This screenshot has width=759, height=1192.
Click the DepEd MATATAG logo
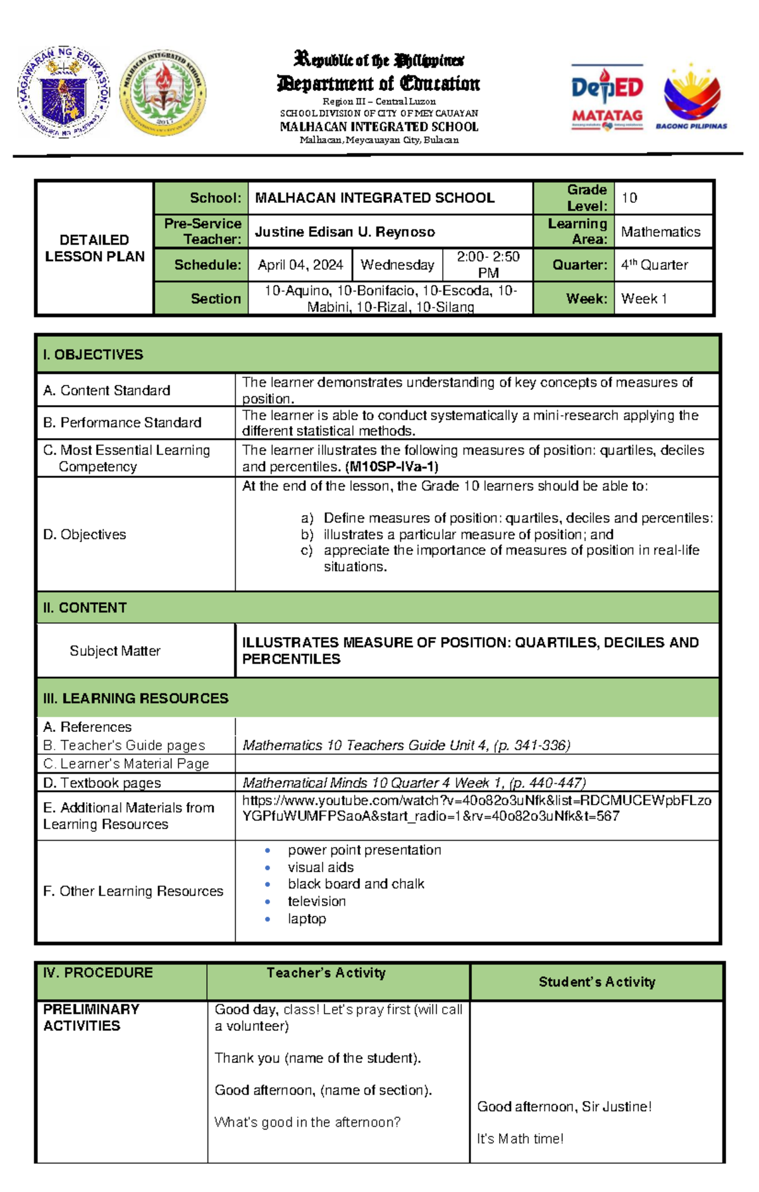pyautogui.click(x=607, y=99)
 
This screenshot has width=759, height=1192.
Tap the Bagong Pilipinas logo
pyautogui.click(x=691, y=97)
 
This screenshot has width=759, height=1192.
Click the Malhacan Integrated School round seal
pyautogui.click(x=163, y=92)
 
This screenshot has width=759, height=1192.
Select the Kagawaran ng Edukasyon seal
pyautogui.click(x=63, y=92)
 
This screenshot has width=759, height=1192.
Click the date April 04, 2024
pyautogui.click(x=300, y=265)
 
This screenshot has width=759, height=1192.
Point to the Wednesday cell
pyautogui.click(x=397, y=265)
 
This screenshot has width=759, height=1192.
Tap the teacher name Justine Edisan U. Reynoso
pyautogui.click(x=345, y=232)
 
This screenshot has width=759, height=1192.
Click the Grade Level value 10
pyautogui.click(x=629, y=198)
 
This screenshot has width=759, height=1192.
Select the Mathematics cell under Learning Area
pyautogui.click(x=660, y=232)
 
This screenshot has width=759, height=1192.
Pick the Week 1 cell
pyautogui.click(x=644, y=298)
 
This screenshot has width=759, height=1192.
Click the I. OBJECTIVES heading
pyautogui.click(x=93, y=355)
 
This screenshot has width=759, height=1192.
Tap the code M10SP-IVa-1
pyautogui.click(x=392, y=466)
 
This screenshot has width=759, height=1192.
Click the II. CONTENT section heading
pyautogui.click(x=85, y=607)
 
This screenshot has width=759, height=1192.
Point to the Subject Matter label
pyautogui.click(x=114, y=650)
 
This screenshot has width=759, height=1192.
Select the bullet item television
pyautogui.click(x=316, y=901)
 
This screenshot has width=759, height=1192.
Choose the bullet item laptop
pyautogui.click(x=307, y=918)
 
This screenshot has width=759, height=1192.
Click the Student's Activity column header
pyautogui.click(x=596, y=982)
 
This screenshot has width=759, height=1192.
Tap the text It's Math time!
pyautogui.click(x=520, y=1138)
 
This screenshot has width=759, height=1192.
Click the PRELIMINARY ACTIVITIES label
pyautogui.click(x=90, y=1017)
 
